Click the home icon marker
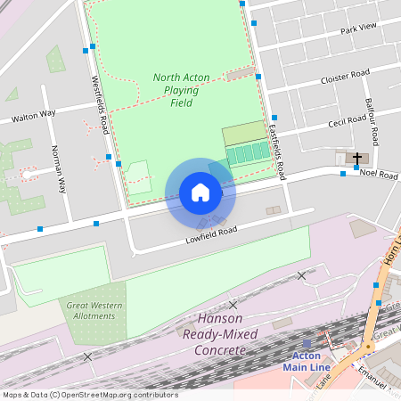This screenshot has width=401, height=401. (200, 192)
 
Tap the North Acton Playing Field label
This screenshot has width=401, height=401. (181, 90)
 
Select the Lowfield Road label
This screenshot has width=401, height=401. (211, 234)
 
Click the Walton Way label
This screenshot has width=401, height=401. (34, 115)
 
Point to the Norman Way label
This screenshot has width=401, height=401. (58, 169)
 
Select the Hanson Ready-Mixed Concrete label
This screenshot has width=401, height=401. (219, 334)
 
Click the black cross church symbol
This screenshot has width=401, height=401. (356, 158)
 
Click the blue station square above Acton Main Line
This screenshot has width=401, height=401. (307, 343)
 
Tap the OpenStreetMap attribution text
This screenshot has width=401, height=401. (89, 395)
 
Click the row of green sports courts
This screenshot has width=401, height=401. (249, 154)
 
